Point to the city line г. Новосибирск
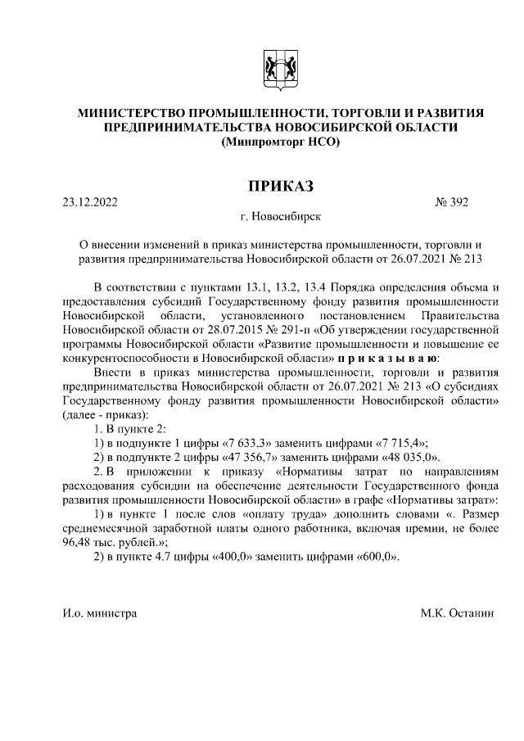click(x=281, y=218)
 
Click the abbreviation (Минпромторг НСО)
click(x=281, y=143)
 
